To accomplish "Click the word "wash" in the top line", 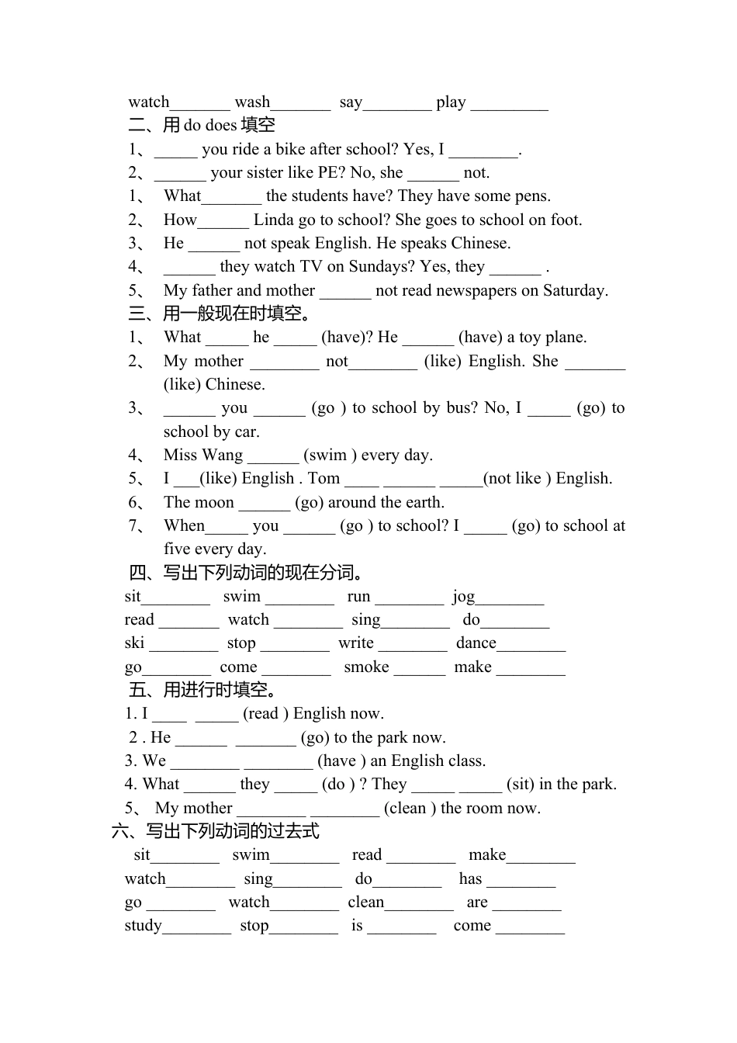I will (252, 102).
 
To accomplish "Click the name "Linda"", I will (274, 220).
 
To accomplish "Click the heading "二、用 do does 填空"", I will (202, 125).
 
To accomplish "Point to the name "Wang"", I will (223, 455).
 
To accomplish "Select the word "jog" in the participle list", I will (463, 597).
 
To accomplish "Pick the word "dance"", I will (476, 643).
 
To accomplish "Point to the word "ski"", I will (134, 643).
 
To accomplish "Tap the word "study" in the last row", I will (144, 926).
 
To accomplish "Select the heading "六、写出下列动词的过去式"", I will (216, 831).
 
